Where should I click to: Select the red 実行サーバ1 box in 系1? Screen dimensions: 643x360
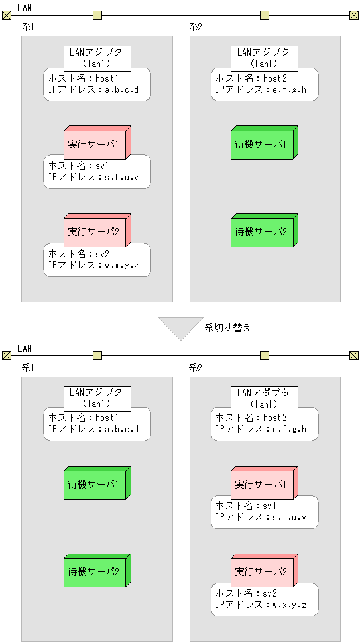95,145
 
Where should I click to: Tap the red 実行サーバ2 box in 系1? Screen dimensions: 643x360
95,232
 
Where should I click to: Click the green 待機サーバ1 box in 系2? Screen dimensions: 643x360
262,145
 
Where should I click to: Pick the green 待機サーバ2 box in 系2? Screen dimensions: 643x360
262,232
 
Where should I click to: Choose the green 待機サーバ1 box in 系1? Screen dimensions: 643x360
95,485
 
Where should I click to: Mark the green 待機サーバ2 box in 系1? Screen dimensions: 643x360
95,571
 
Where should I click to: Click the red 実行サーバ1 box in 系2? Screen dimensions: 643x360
262,485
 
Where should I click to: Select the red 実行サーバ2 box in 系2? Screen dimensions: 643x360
262,571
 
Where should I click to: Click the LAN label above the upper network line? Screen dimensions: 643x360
25,7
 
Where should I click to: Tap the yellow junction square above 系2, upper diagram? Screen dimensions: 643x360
265,15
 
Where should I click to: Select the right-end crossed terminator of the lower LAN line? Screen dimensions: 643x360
354,355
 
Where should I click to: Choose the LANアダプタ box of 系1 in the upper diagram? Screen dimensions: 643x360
97,58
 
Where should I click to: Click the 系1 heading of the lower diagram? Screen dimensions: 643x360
28,367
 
